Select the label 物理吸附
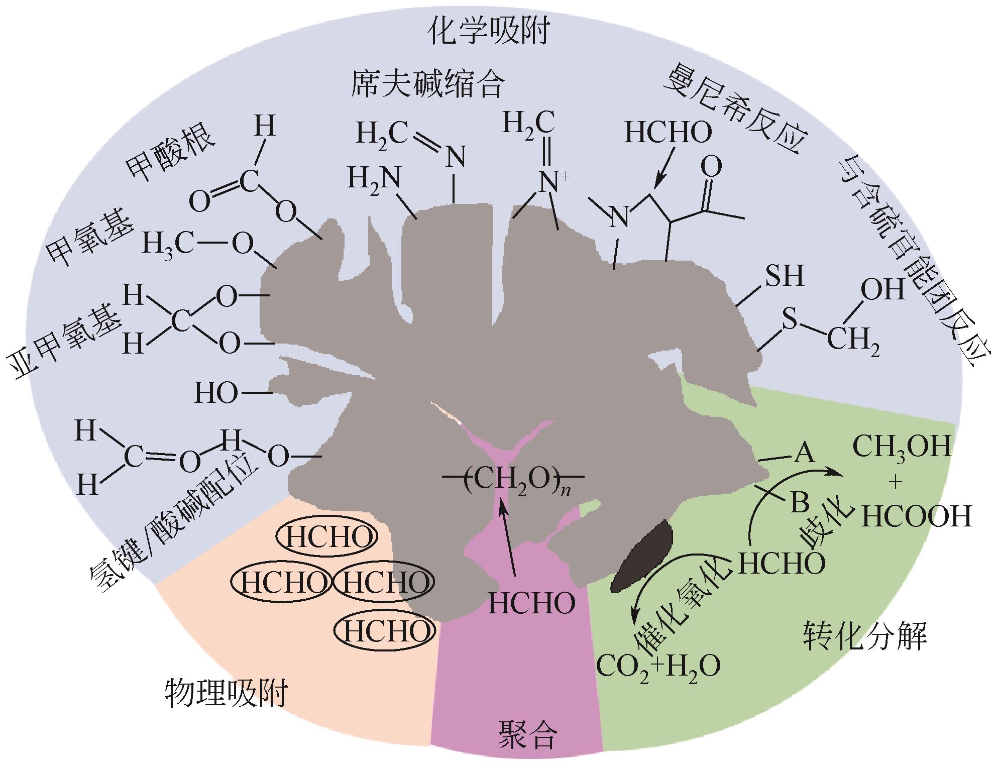227,694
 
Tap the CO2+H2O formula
658,666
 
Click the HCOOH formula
917,516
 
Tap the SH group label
784,276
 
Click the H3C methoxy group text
168,245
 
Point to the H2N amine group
374,178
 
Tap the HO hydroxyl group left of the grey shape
216,393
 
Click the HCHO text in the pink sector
531,603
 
